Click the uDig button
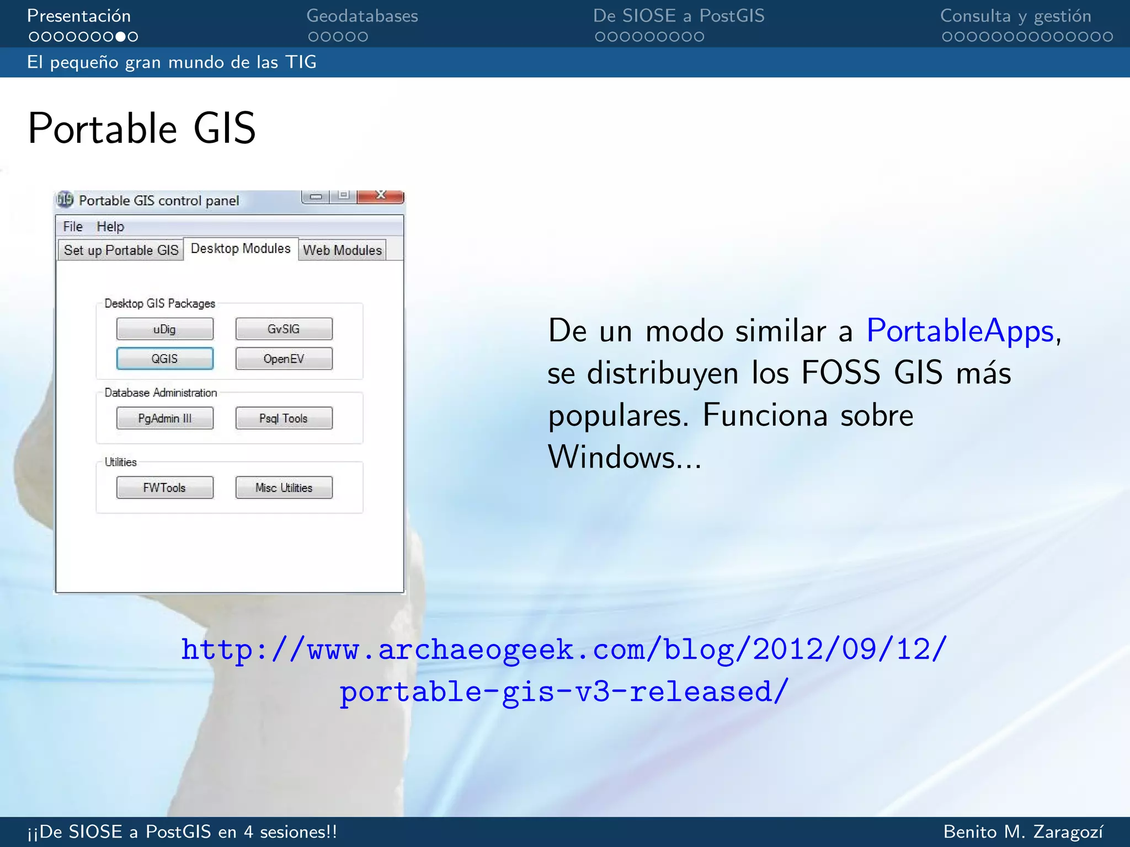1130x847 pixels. [164, 329]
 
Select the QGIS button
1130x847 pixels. [164, 359]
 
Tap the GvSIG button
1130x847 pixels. [284, 329]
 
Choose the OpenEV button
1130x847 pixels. [284, 359]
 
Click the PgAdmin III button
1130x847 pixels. [164, 419]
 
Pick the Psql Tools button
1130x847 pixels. [284, 419]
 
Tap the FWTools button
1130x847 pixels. [164, 488]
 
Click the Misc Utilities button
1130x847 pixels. [284, 488]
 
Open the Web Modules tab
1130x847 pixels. [342, 250]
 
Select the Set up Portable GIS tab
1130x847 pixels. [121, 250]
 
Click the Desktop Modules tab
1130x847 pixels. [241, 249]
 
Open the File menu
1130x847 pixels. [72, 227]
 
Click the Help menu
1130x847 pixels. [110, 227]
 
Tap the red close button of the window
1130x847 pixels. [381, 196]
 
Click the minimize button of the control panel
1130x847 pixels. [316, 196]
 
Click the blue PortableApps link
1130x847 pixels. [960, 331]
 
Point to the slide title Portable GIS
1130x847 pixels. [142, 128]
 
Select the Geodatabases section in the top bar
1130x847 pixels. [362, 16]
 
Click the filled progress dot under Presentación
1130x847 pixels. [120, 37]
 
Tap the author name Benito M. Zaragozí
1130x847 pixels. [1024, 832]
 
